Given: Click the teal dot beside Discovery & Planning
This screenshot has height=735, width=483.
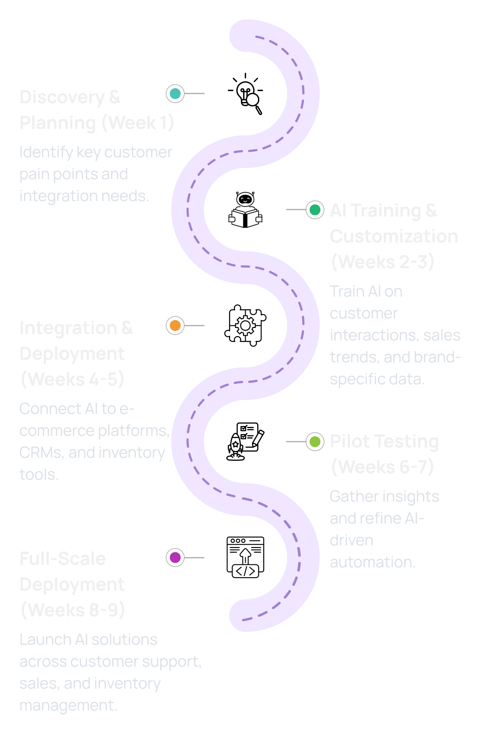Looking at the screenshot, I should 175,94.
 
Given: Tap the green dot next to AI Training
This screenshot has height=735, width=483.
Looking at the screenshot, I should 315,210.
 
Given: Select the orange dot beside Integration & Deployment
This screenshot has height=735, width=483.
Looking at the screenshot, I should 175,325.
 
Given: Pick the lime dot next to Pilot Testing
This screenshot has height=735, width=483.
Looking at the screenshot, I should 315,441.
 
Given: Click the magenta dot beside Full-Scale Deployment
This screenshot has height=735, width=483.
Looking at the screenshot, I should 175,557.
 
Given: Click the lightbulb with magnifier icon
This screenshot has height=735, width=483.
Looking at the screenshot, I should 246,94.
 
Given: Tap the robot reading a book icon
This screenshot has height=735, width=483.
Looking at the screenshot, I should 245,210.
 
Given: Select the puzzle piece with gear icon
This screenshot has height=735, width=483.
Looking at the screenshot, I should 245,325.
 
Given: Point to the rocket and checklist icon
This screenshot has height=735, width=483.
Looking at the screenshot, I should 245,441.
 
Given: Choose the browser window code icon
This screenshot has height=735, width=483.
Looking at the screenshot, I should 245,557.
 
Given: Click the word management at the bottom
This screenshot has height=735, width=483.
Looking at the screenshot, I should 68,705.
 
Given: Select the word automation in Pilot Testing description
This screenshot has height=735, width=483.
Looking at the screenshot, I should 372,562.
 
